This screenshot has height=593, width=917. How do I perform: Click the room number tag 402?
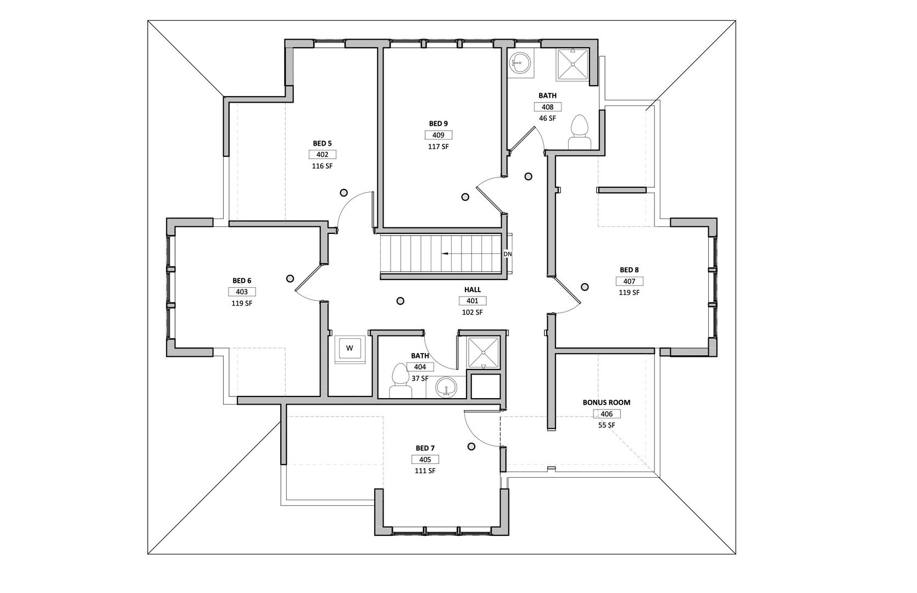[322, 155]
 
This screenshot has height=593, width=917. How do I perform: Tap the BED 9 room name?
[438, 124]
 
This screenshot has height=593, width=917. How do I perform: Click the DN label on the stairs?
[508, 254]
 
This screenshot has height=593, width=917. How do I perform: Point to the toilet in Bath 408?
[579, 132]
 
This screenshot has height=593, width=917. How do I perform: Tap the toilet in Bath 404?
[401, 381]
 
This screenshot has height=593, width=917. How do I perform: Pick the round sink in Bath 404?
[446, 387]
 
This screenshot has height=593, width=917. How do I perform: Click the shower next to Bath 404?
[483, 353]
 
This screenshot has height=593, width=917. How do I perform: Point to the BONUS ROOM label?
[606, 402]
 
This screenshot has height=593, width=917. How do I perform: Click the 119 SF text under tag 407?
[629, 293]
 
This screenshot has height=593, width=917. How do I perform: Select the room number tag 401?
[473, 301]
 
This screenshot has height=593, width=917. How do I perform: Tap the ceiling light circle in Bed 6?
[290, 279]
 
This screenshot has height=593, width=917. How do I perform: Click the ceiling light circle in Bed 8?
[585, 287]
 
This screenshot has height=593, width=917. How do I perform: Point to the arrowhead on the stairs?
[444, 254]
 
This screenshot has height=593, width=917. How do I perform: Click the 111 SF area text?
[425, 471]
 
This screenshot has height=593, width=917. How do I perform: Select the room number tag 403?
[242, 292]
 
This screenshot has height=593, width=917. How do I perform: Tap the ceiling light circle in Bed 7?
[471, 446]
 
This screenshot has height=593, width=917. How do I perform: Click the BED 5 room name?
[322, 144]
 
